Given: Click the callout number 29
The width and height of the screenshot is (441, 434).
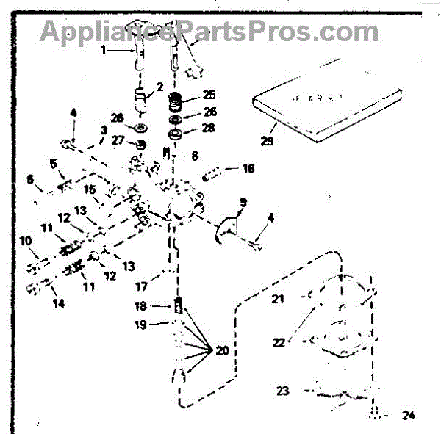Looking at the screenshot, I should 268,140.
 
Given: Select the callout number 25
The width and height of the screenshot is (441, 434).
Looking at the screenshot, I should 210,95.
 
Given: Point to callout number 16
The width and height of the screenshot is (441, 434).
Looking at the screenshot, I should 248,168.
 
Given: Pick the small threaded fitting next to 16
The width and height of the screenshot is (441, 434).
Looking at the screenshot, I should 211,175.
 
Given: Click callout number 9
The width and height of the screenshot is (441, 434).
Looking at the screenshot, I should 243,200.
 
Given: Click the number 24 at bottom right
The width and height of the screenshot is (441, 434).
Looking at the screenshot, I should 409,415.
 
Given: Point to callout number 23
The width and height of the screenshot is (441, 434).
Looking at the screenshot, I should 283,391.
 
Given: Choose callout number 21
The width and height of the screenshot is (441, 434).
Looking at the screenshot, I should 278,298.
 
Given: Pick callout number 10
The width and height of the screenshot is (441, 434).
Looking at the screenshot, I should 24,240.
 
